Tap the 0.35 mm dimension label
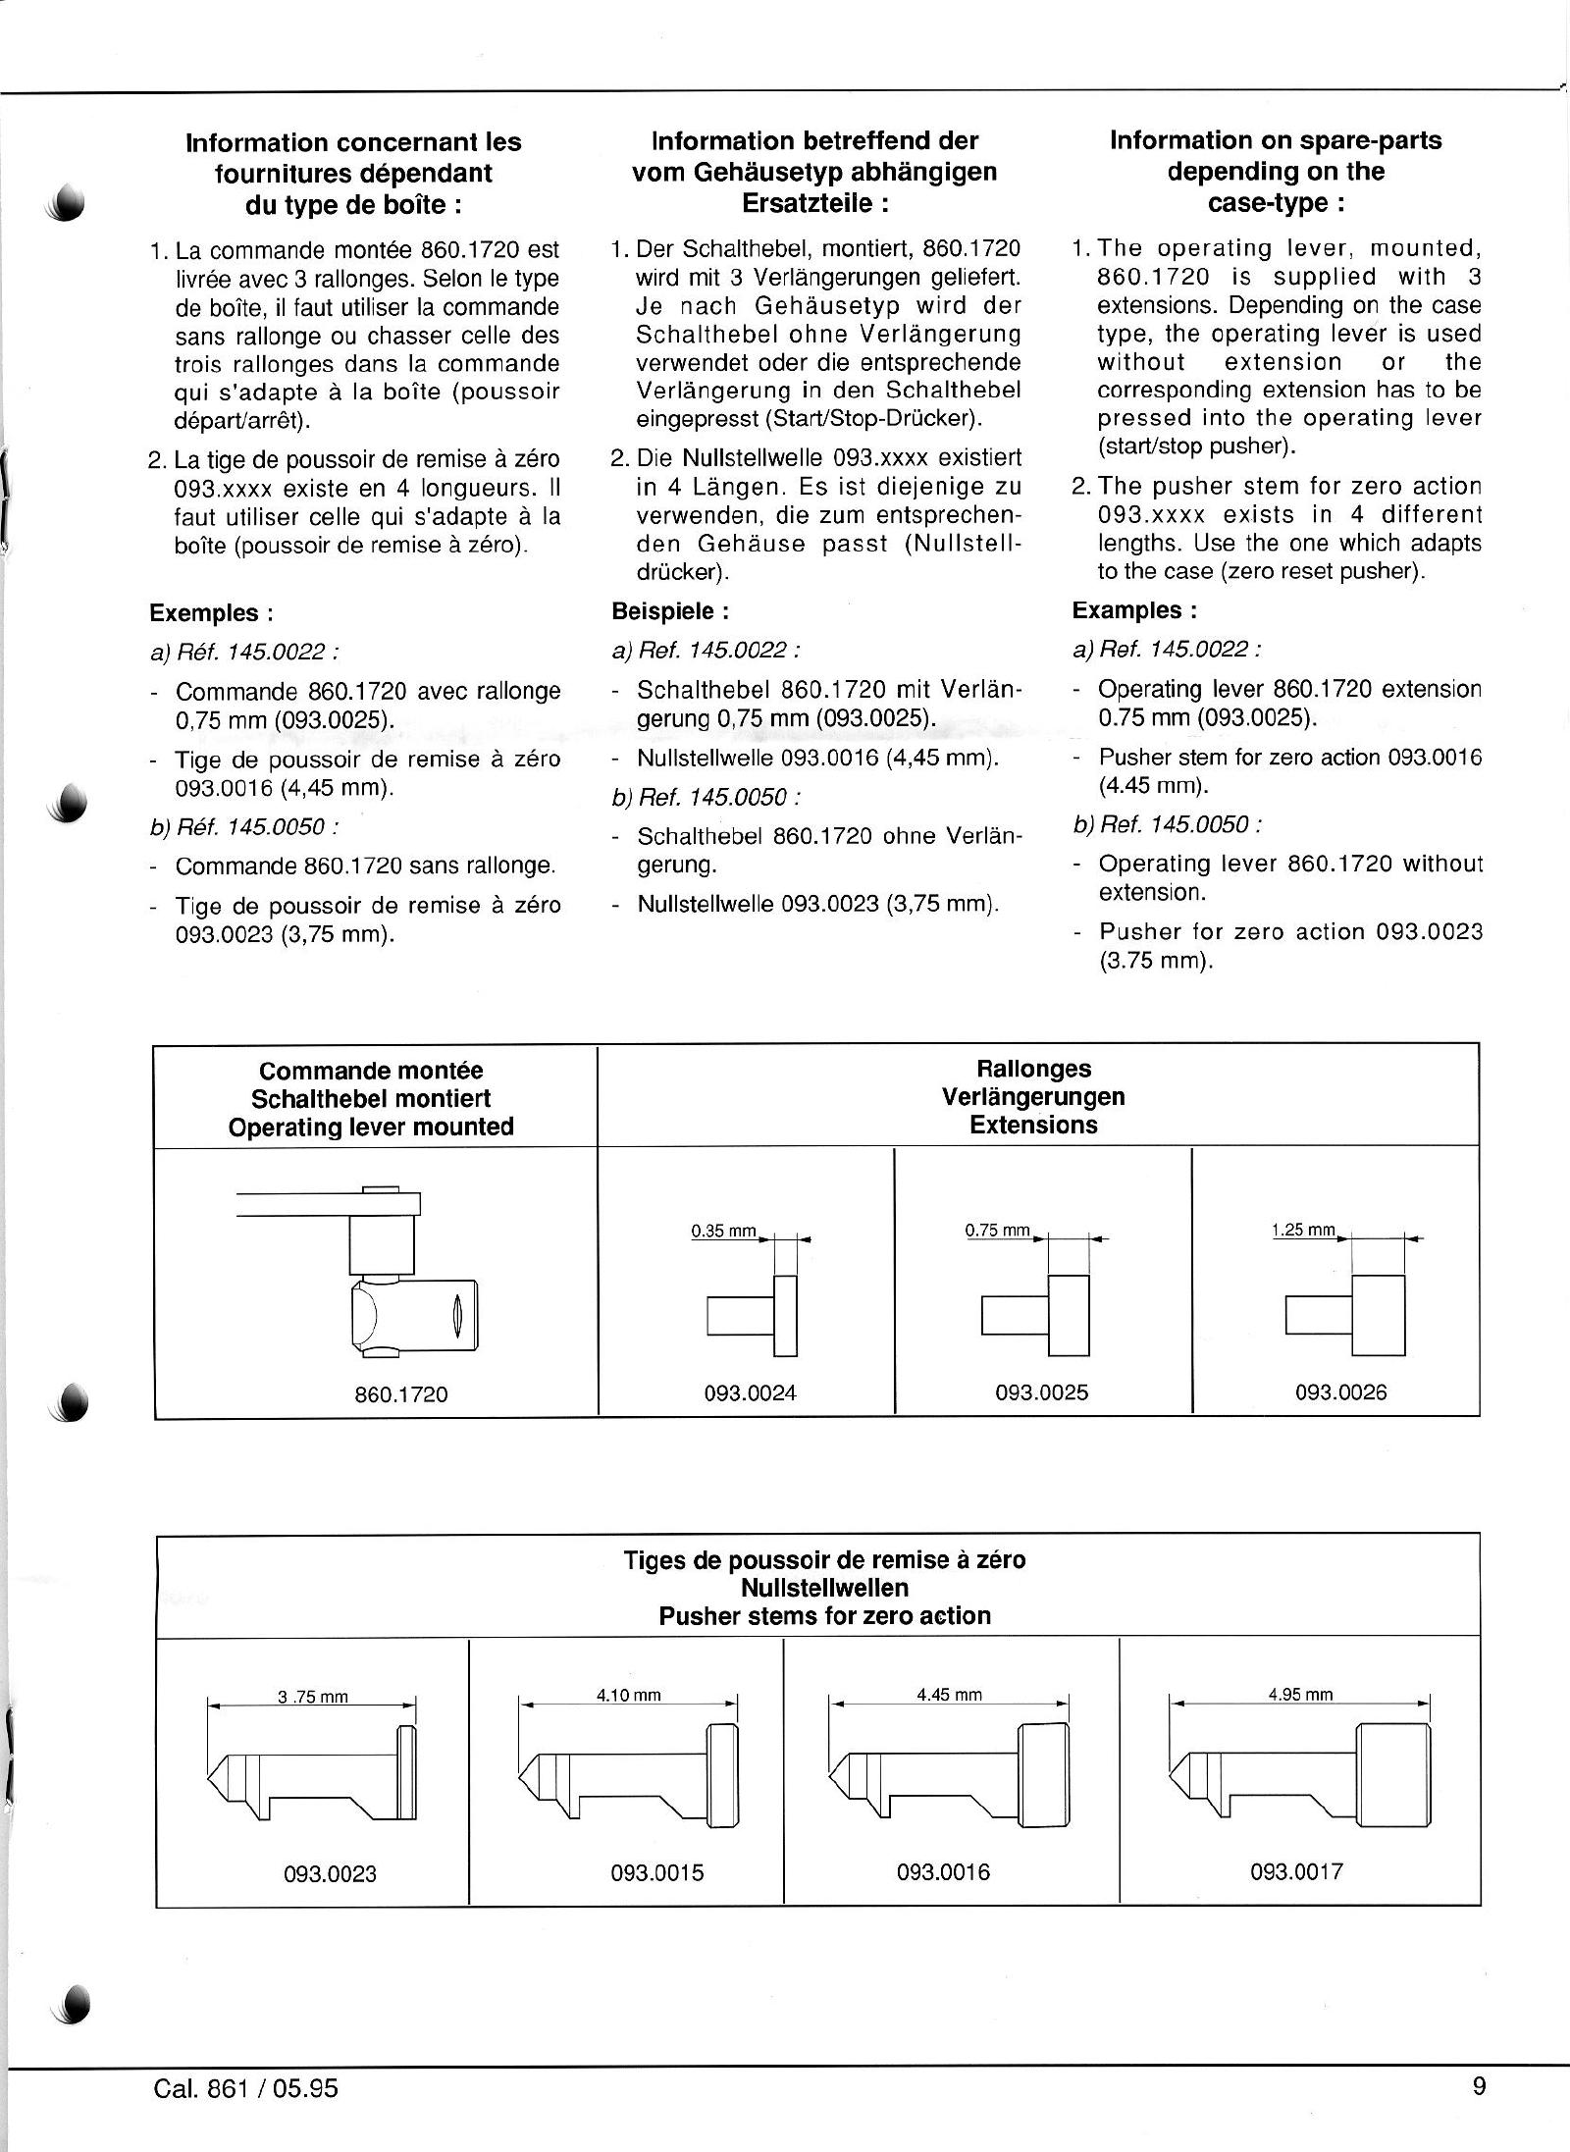click(724, 1231)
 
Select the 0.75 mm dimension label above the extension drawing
click(998, 1230)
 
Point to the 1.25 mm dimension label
click(1304, 1230)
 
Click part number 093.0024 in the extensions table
click(751, 1392)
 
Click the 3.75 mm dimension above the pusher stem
click(313, 1697)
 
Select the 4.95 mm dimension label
click(1300, 1694)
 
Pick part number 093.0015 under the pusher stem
click(657, 1872)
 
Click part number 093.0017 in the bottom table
click(1296, 1871)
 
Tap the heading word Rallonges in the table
click(1034, 1069)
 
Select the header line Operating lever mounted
click(371, 1127)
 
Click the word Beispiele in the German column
click(664, 611)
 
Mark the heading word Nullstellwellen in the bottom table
click(824, 1587)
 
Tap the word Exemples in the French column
click(206, 613)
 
